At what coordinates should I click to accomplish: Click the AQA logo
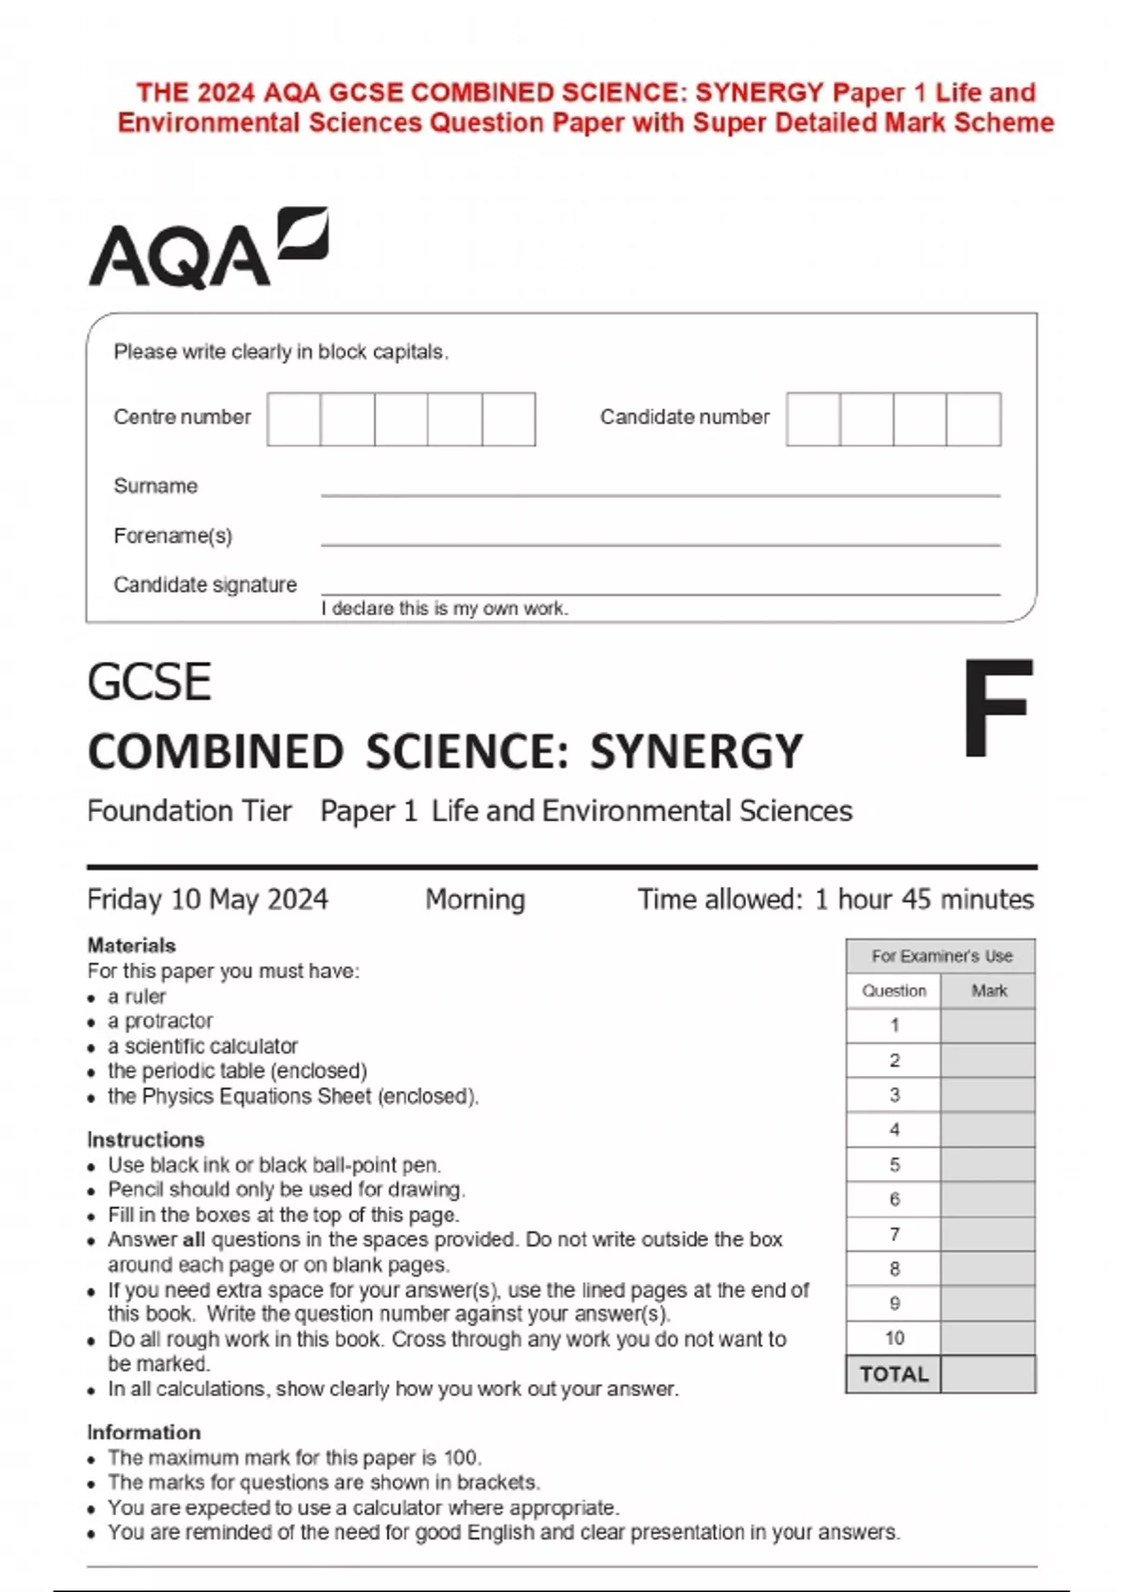click(x=208, y=248)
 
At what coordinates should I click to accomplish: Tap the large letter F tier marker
click(x=998, y=709)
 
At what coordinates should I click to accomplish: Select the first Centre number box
click(x=294, y=420)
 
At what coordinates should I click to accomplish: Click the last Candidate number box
click(x=973, y=420)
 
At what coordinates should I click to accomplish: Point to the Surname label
click(x=155, y=486)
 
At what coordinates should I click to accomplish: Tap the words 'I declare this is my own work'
click(x=444, y=609)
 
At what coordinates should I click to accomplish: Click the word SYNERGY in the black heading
click(x=696, y=752)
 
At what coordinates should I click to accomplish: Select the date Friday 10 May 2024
click(x=207, y=899)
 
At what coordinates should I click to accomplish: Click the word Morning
click(x=475, y=899)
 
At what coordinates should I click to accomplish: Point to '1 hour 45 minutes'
click(x=924, y=899)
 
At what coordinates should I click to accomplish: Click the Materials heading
click(x=131, y=945)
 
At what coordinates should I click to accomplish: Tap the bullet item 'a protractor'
click(x=160, y=1021)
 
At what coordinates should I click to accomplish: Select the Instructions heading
click(x=145, y=1140)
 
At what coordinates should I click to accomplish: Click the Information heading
click(x=143, y=1432)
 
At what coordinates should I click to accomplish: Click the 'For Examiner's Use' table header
click(x=941, y=956)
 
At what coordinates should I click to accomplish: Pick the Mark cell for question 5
click(x=988, y=1165)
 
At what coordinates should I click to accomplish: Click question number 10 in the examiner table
click(x=894, y=1338)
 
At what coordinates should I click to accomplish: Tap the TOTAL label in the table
click(x=894, y=1375)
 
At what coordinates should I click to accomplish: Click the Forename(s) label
click(x=172, y=536)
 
